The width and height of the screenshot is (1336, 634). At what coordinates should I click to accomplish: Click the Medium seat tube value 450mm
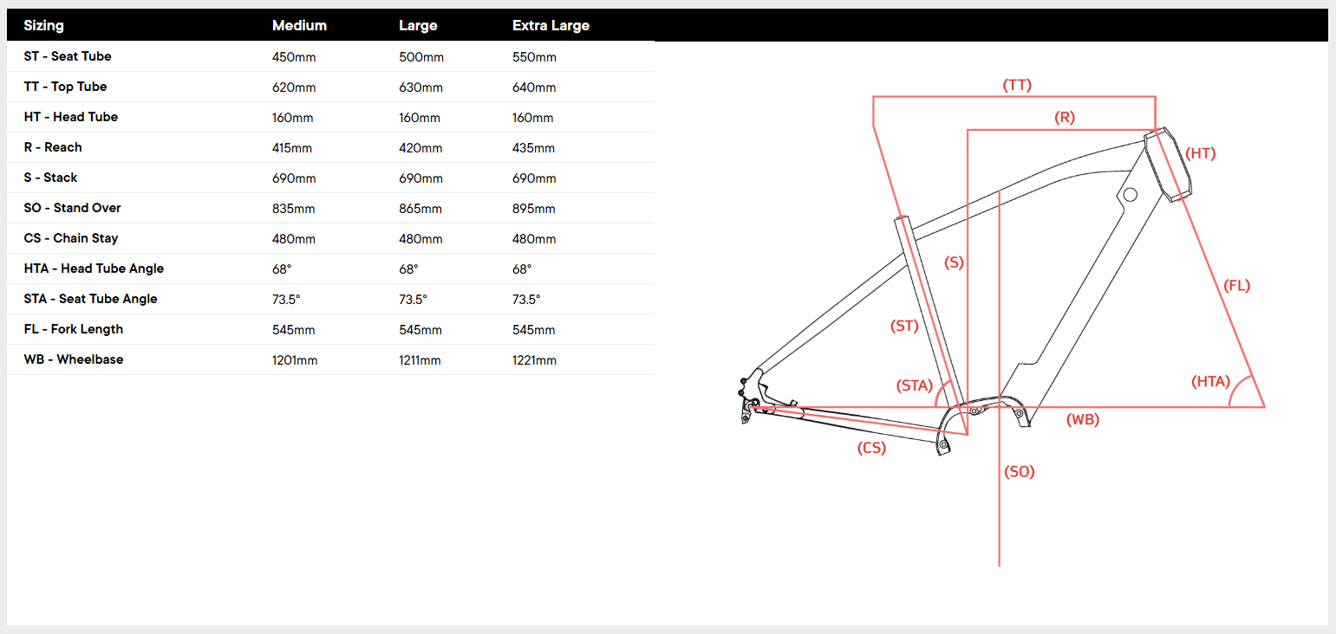coord(293,57)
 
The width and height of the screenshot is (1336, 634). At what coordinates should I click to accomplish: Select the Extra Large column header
coord(551,26)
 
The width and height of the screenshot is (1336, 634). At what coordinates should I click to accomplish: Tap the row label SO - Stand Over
coord(72,208)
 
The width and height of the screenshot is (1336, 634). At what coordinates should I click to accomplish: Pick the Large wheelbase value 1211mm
coord(420,360)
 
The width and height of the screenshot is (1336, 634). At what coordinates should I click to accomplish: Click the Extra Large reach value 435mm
coord(533,148)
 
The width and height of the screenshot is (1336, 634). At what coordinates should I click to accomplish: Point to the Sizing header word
coord(43,26)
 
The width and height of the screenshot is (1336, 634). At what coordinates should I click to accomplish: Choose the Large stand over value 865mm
coord(420,209)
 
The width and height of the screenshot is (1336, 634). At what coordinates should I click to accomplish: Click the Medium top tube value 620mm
coord(293,87)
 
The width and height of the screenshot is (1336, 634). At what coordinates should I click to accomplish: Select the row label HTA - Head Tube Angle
coord(94,268)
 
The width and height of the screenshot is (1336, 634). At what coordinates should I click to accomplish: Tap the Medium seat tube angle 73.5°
coord(286,299)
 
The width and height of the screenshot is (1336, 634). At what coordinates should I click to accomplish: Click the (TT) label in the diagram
coord(1017,85)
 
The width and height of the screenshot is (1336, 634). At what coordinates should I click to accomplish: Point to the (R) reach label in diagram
coord(1065,117)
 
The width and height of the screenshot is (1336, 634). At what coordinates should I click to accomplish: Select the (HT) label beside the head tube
coord(1201,153)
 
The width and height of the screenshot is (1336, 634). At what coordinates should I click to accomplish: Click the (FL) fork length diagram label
coord(1236,285)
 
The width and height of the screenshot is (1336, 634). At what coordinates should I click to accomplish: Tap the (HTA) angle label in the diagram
coord(1210,381)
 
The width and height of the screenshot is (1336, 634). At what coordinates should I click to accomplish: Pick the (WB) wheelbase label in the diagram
coord(1082,419)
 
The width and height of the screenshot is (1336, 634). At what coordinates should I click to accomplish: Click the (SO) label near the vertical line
coord(1020,472)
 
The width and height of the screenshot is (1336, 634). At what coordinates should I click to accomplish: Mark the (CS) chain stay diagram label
coord(871,448)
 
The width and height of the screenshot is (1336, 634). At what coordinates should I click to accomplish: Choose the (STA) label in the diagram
coord(914,385)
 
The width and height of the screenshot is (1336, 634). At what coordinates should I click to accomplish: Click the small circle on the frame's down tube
coord(1130,196)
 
